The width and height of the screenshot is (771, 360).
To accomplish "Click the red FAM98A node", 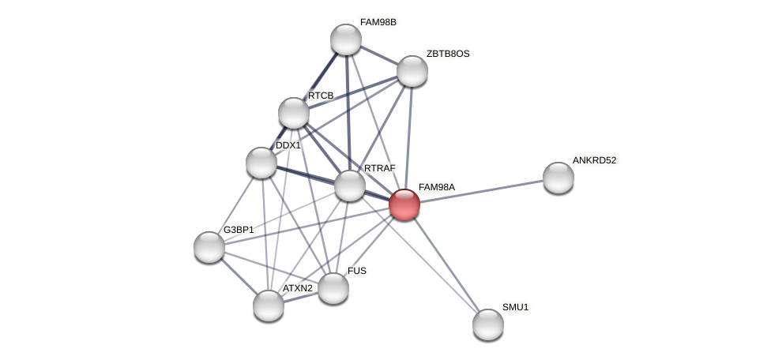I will pyautogui.click(x=404, y=204).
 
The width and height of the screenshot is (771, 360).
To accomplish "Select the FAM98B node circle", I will pyautogui.click(x=345, y=39).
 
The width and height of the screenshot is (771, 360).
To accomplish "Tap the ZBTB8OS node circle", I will pyautogui.click(x=412, y=71).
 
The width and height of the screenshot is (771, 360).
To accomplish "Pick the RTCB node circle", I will pyautogui.click(x=293, y=113).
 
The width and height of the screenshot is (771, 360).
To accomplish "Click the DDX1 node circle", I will pyautogui.click(x=261, y=163).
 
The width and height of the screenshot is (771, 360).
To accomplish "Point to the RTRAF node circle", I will pyautogui.click(x=350, y=186).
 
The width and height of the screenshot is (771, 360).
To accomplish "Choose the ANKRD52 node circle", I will pyautogui.click(x=558, y=178).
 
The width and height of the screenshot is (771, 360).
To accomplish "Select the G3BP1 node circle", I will pyautogui.click(x=209, y=247).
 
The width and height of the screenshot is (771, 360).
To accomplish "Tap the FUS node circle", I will pyautogui.click(x=333, y=288).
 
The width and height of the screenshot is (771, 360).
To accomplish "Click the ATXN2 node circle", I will pyautogui.click(x=269, y=305).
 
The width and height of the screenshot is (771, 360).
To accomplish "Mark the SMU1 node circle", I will pyautogui.click(x=487, y=324).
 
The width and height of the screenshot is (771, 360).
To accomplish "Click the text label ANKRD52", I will pyautogui.click(x=594, y=160).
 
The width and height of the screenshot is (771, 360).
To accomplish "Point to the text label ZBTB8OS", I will pyautogui.click(x=448, y=54).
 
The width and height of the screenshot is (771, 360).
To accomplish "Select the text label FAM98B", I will pyautogui.click(x=378, y=22).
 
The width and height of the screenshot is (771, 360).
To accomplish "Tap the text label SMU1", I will pyautogui.click(x=515, y=307).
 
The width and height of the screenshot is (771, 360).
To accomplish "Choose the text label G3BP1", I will pyautogui.click(x=239, y=230).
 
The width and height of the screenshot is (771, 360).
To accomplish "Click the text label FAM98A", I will pyautogui.click(x=436, y=187).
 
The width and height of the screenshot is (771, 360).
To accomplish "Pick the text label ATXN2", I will pyautogui.click(x=297, y=288).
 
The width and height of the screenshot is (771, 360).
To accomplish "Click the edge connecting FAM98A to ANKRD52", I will pyautogui.click(x=482, y=191).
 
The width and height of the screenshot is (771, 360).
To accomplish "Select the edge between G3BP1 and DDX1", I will pyautogui.click(x=235, y=204).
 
